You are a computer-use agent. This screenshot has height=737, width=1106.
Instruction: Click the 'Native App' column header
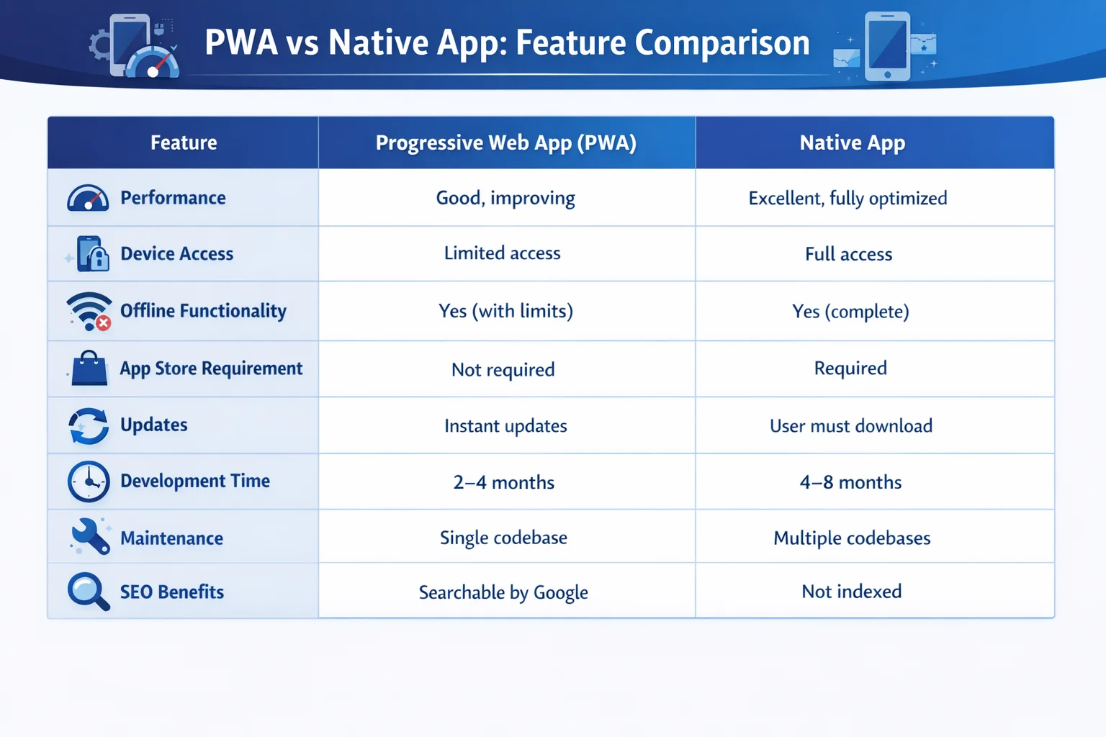click(x=852, y=143)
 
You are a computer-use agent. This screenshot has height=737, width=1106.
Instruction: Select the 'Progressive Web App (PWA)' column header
click(x=505, y=143)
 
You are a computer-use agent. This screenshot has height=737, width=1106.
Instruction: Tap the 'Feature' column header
click(x=184, y=143)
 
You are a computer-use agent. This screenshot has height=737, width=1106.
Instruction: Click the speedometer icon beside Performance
click(x=88, y=198)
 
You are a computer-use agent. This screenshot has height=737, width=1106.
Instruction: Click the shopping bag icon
click(x=89, y=368)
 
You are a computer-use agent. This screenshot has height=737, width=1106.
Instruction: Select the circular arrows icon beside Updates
click(x=89, y=425)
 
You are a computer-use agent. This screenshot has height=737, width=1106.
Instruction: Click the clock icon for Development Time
click(x=89, y=481)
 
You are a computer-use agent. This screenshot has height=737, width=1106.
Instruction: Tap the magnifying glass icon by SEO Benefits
click(x=88, y=591)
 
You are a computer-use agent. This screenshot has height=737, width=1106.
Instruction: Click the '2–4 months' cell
click(x=504, y=482)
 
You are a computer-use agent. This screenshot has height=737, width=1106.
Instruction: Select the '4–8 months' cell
click(x=850, y=482)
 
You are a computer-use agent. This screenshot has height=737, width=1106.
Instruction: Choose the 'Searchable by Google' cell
click(x=503, y=592)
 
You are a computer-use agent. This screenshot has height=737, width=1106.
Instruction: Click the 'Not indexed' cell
click(x=851, y=592)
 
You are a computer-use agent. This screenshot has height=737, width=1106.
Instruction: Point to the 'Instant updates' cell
click(x=505, y=426)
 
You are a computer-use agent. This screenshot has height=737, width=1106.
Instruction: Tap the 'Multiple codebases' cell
click(x=852, y=538)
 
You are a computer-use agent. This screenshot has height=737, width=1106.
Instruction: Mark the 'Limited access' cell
click(x=502, y=253)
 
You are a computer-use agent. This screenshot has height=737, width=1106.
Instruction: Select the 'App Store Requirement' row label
click(x=211, y=368)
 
